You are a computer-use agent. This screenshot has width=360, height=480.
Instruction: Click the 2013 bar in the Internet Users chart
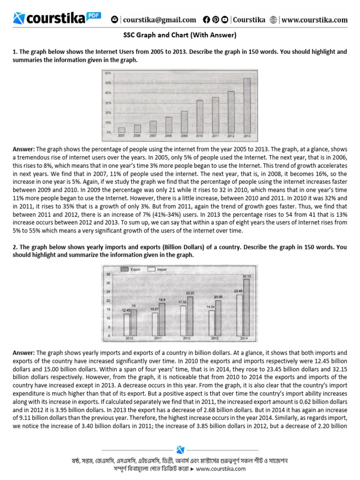click(246, 105)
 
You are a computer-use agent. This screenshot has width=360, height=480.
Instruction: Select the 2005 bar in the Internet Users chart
click(121, 130)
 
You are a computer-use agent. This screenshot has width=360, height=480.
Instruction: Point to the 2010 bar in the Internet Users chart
click(200, 116)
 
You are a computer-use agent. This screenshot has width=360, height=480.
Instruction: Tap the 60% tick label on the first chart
click(108, 74)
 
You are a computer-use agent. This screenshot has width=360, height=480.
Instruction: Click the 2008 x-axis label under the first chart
click(168, 135)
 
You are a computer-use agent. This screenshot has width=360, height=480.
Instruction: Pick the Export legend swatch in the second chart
click(124, 270)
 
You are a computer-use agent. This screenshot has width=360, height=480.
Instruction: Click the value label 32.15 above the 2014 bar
click(247, 277)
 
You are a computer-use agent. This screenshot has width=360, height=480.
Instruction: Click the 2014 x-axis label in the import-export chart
click(243, 338)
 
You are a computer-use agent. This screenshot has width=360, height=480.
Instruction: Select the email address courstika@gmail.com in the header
click(159, 20)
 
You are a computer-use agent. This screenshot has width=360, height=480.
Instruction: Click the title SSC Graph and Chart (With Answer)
click(180, 35)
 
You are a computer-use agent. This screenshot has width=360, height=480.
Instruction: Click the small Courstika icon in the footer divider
click(180, 450)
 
